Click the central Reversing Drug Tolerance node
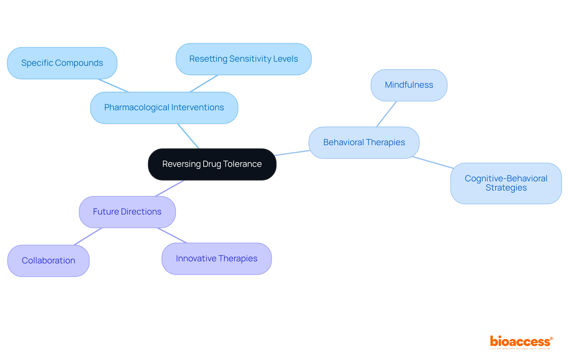[x=212, y=164]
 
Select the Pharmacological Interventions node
[x=164, y=108]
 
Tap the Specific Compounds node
[x=62, y=63]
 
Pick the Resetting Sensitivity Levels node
[x=243, y=59]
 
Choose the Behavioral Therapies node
[x=364, y=143]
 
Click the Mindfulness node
[x=409, y=85]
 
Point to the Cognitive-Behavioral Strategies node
[x=506, y=183]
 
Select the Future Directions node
[x=127, y=212]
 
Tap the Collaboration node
[x=48, y=261]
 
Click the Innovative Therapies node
[x=216, y=259]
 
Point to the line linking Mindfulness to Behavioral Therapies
[x=386, y=114]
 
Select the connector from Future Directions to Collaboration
[x=88, y=236]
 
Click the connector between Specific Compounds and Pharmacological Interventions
[x=113, y=86]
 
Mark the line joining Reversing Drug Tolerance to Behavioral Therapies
[x=293, y=153]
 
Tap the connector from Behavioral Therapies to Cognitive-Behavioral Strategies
[x=433, y=163]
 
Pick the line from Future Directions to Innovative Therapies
[x=172, y=236]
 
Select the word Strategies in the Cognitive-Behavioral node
[x=506, y=188]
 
